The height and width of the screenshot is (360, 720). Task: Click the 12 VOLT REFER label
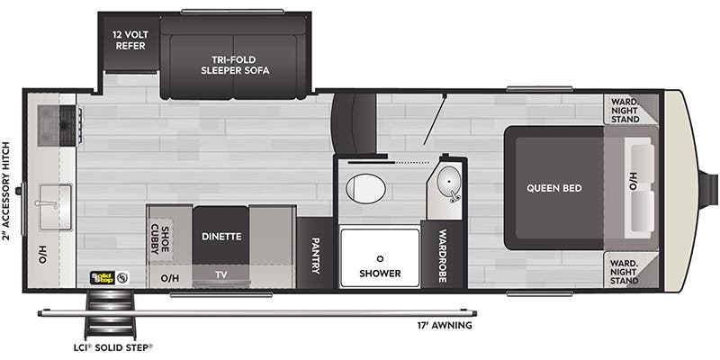[x=129, y=40]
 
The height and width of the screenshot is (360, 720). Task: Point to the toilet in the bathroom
[x=366, y=187]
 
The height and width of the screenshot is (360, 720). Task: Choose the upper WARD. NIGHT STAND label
[x=625, y=110]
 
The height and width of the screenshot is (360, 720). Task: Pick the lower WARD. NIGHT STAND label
[x=625, y=268]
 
